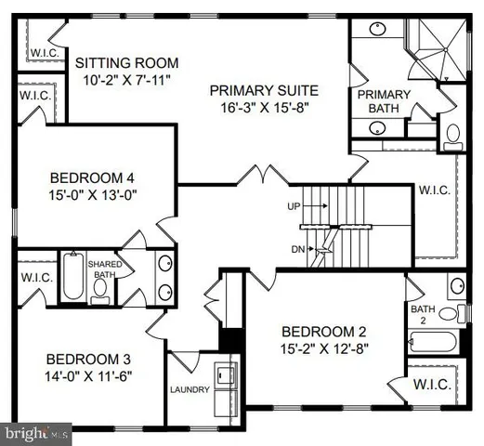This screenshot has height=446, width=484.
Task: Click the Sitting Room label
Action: (126, 62)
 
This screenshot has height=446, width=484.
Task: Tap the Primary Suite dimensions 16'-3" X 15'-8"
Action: (264, 108)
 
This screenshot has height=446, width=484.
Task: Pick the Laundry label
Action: (190, 389)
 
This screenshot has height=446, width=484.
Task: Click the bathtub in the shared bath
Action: (73, 276)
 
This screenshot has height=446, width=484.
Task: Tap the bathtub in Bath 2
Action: (432, 342)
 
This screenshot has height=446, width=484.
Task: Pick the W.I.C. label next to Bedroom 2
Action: (432, 384)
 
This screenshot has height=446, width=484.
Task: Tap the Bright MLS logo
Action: (36, 432)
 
